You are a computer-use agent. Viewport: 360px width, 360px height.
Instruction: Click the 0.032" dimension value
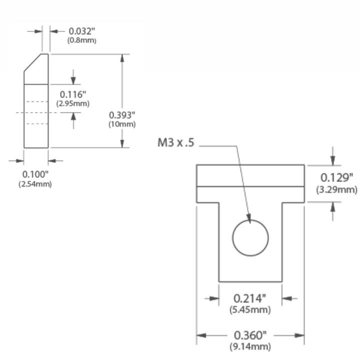pyautogui.click(x=81, y=31)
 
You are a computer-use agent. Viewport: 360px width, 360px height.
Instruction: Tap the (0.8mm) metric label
pyautogui.click(x=81, y=40)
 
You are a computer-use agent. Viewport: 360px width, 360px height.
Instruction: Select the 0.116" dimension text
pyautogui.click(x=73, y=94)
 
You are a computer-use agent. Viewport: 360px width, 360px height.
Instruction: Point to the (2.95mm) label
pyautogui.click(x=73, y=103)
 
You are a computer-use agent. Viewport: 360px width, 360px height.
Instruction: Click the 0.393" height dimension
pyautogui.click(x=122, y=115)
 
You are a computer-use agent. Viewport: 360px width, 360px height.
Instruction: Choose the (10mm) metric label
pyautogui.click(x=122, y=124)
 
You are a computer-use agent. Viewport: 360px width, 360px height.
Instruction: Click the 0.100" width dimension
pyautogui.click(x=35, y=174)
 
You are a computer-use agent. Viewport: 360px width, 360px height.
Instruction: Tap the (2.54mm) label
pyautogui.click(x=35, y=184)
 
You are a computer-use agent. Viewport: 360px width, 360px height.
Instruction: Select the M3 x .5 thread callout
pyautogui.click(x=176, y=142)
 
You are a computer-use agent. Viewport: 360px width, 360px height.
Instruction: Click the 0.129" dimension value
pyautogui.click(x=336, y=177)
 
